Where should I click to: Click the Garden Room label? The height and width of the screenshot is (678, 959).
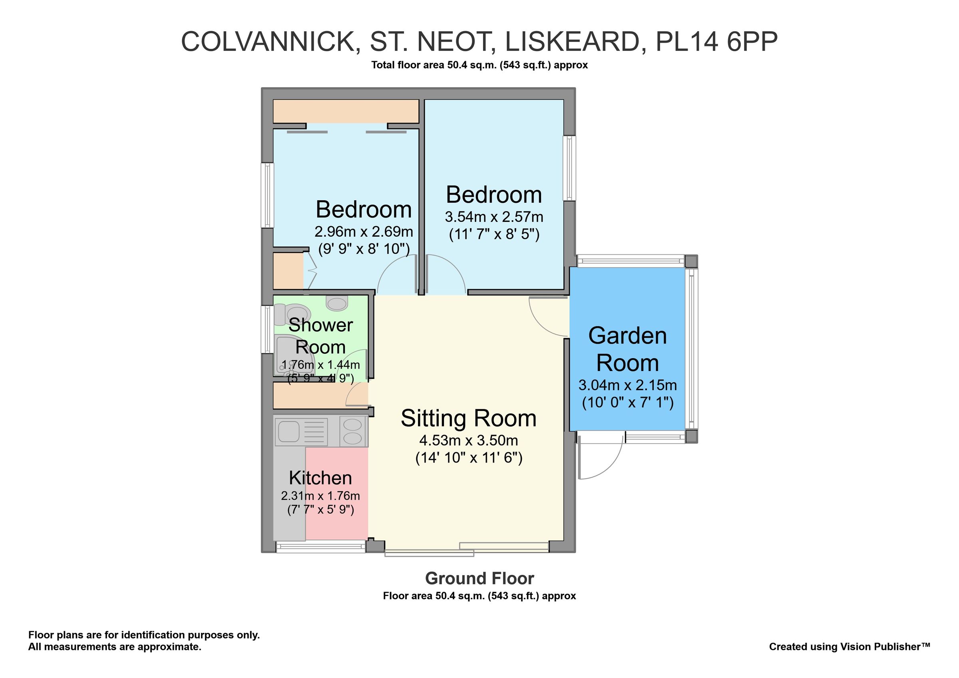coord(627,349)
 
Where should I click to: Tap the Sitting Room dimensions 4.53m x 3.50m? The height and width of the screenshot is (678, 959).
coord(468,440)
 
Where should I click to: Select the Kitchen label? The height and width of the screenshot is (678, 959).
coord(320,478)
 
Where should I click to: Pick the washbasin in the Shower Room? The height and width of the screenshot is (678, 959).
coord(337,303)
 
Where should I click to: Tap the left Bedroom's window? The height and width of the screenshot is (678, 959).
coord(267,195)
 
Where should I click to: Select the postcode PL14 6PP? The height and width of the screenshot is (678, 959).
coord(716,42)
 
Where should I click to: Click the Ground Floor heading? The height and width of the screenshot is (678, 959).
coord(479,578)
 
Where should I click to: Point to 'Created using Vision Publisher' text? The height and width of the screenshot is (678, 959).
coord(849,647)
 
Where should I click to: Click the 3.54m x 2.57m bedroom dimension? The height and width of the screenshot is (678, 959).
coord(494,217)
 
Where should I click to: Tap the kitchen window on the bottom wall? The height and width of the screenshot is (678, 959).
coord(321,546)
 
